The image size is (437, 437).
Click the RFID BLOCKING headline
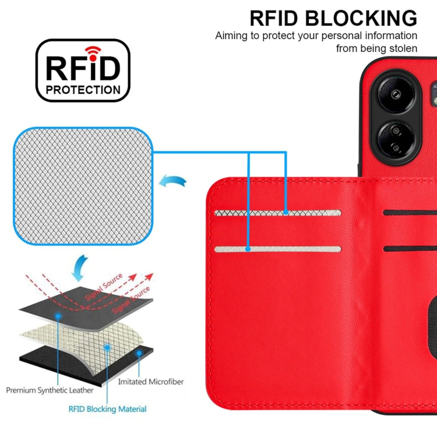tap(333, 18)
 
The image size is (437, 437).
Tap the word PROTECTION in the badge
tap(83, 90)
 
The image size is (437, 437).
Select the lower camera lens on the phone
tap(391, 142)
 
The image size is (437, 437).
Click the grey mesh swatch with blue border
tap(85, 186)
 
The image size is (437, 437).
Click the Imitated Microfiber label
tap(150, 382)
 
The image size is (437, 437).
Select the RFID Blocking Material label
tap(108, 409)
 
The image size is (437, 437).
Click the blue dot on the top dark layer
tap(59, 315)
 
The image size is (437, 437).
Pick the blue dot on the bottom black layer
tap(139, 353)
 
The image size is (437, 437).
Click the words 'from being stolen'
tap(376, 49)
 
